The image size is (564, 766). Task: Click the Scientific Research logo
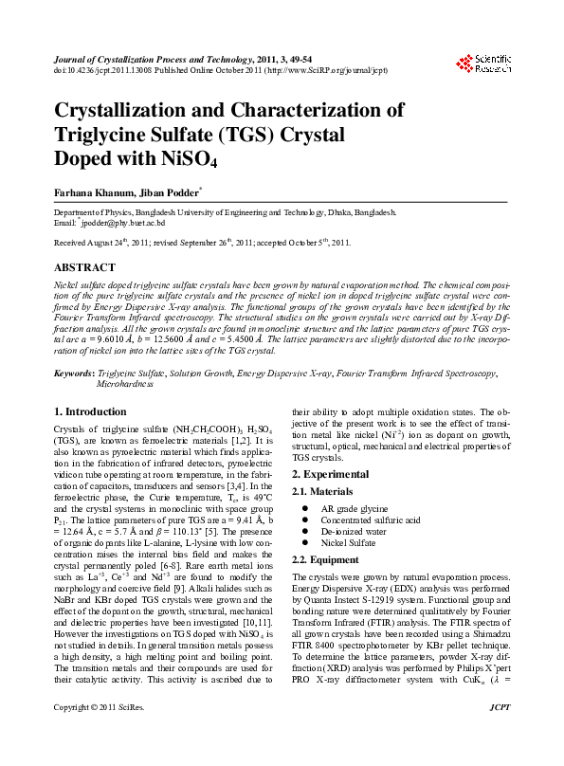tap(484, 64)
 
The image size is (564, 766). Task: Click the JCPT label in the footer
tap(499, 735)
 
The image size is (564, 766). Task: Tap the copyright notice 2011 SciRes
tap(94, 735)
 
